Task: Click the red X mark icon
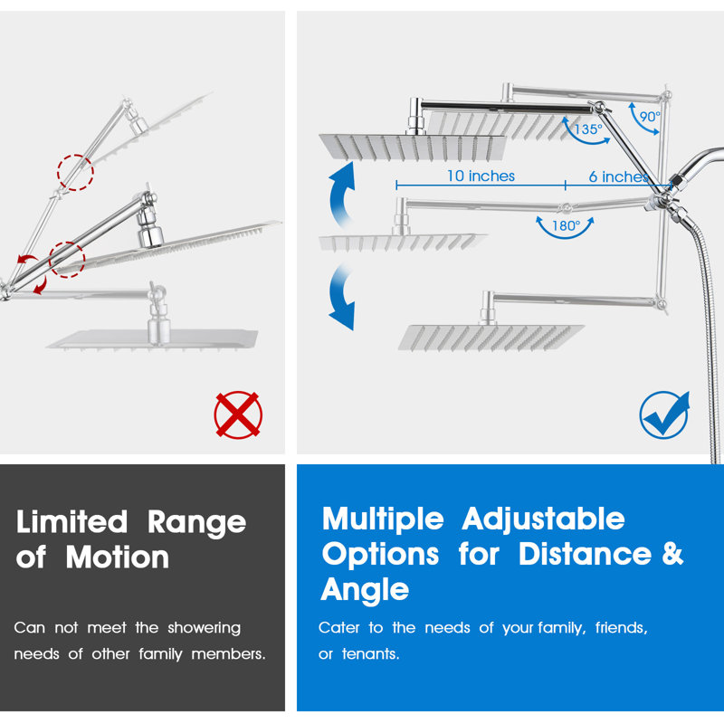[x=238, y=414]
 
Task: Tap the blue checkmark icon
[x=664, y=414]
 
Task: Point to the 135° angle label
[x=587, y=129]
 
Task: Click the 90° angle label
[x=650, y=117]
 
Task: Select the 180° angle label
[x=567, y=225]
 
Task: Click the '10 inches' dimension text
[x=481, y=176]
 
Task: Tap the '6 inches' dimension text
[x=619, y=176]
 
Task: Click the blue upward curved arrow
[x=341, y=194]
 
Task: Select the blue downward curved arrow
[x=341, y=297]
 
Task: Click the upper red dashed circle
[x=75, y=172]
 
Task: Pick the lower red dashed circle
[x=67, y=260]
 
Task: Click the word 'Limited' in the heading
[x=71, y=522]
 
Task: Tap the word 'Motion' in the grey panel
[x=118, y=557]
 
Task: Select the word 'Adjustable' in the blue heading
[x=544, y=519]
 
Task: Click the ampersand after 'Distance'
[x=672, y=554]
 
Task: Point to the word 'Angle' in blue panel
[x=365, y=591]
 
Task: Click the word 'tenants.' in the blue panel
[x=370, y=653]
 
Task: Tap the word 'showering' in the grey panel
[x=205, y=628]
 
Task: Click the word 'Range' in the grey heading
[x=196, y=523]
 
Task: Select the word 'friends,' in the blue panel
[x=622, y=628]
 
